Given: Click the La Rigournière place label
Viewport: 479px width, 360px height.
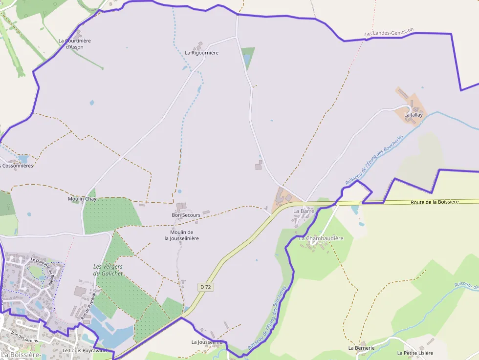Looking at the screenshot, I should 201,53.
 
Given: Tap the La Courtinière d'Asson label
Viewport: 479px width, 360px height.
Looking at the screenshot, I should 74,44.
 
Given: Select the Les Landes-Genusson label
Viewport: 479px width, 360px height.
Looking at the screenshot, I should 389,33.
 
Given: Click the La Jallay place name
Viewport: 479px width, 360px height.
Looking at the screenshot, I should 413,115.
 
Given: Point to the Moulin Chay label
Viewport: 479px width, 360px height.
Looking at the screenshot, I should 82,199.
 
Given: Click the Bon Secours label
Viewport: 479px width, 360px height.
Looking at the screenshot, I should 186,215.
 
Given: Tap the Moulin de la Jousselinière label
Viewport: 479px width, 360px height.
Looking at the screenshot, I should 181,235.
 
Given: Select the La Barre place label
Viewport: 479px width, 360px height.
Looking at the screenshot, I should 304,211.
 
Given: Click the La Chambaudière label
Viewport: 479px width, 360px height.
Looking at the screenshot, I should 321,238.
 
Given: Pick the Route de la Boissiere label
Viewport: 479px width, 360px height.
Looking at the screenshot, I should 435,202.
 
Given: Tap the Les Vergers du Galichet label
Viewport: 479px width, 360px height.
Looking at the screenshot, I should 108,270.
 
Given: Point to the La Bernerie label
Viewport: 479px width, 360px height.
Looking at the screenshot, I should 361,348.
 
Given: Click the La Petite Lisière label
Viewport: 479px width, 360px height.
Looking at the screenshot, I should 415,353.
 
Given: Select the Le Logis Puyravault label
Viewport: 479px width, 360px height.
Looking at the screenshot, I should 84,350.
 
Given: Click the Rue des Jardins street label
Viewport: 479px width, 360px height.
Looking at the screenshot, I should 24,337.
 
